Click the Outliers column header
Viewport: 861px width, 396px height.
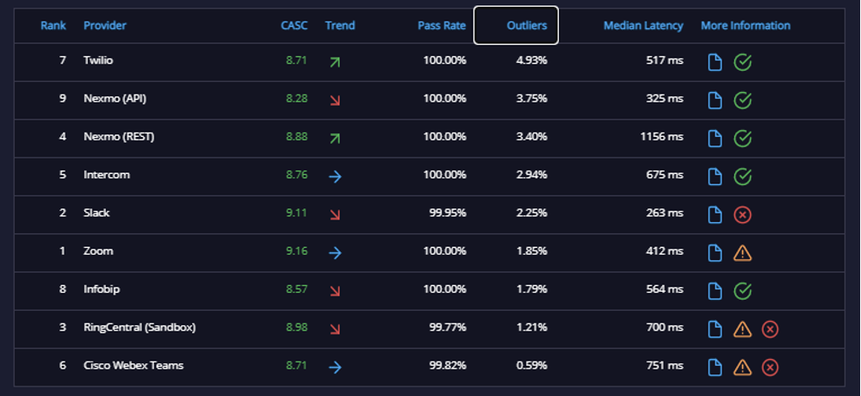pyautogui.click(x=527, y=25)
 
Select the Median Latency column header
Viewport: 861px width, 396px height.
pyautogui.click(x=643, y=25)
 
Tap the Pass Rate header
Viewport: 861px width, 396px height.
pyautogui.click(x=442, y=25)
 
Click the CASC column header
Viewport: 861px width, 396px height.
pyautogui.click(x=294, y=25)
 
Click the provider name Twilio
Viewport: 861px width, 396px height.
pyautogui.click(x=98, y=60)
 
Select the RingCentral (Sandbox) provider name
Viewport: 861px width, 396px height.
pyautogui.click(x=139, y=327)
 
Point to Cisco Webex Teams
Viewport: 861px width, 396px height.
pyautogui.click(x=133, y=365)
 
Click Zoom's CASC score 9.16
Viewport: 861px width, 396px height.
pyautogui.click(x=296, y=251)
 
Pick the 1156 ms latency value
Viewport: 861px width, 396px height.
pyautogui.click(x=661, y=136)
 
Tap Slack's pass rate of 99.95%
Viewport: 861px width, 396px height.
pyautogui.click(x=448, y=213)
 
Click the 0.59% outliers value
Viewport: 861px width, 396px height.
pyautogui.click(x=531, y=365)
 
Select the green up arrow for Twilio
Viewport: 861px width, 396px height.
pyautogui.click(x=335, y=62)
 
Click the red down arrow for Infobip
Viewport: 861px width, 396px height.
pyautogui.click(x=335, y=291)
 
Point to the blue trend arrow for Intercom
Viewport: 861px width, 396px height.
pyautogui.click(x=335, y=176)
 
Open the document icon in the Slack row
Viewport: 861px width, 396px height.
pyautogui.click(x=715, y=214)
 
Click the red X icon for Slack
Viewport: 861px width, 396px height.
pyautogui.click(x=742, y=214)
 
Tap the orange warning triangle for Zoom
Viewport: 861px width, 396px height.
pyautogui.click(x=742, y=252)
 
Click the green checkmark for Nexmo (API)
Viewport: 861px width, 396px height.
pyautogui.click(x=742, y=101)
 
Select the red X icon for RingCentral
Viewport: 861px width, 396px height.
pyautogui.click(x=770, y=329)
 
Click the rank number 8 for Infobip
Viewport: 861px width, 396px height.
pyautogui.click(x=63, y=289)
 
